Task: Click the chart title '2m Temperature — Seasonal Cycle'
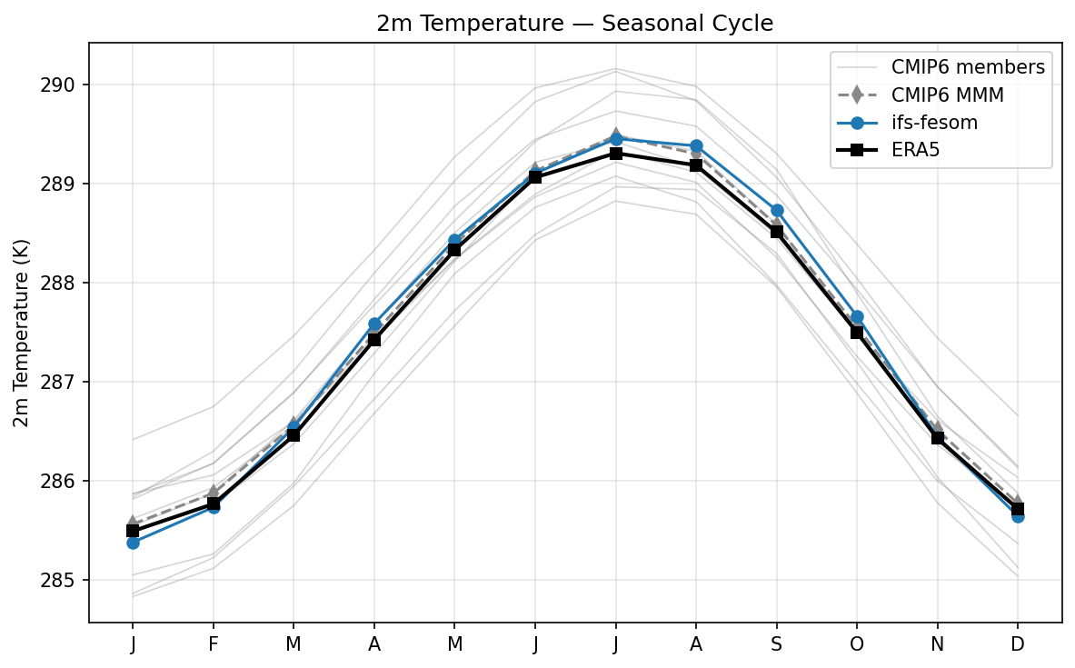click(x=575, y=24)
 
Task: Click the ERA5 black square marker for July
click(x=616, y=154)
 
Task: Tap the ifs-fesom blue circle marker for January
click(x=133, y=543)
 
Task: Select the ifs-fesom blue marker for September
click(x=777, y=210)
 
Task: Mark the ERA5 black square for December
click(x=1018, y=509)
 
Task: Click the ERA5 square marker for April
click(x=374, y=340)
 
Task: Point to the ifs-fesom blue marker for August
click(x=696, y=145)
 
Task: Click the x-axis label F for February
click(x=213, y=644)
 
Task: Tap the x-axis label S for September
click(x=777, y=644)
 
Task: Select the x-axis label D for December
click(x=1018, y=644)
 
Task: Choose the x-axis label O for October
click(x=857, y=644)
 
